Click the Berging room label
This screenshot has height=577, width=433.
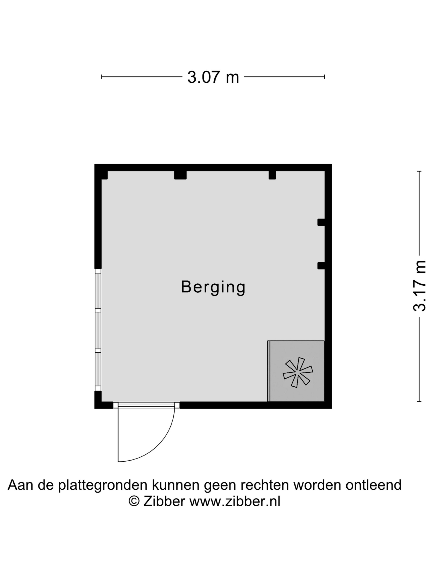[213, 287]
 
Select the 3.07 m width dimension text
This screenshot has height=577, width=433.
[213, 77]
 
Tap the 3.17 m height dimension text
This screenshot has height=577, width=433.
[419, 286]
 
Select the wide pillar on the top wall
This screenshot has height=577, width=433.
[180, 175]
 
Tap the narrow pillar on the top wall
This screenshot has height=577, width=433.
[272, 175]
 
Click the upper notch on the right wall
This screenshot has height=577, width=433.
[321, 222]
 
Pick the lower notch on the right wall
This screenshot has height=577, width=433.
[321, 266]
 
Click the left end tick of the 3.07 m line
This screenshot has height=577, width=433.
[101, 77]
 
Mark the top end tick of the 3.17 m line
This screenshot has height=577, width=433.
[419, 171]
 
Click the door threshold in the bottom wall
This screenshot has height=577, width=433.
[146, 405]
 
